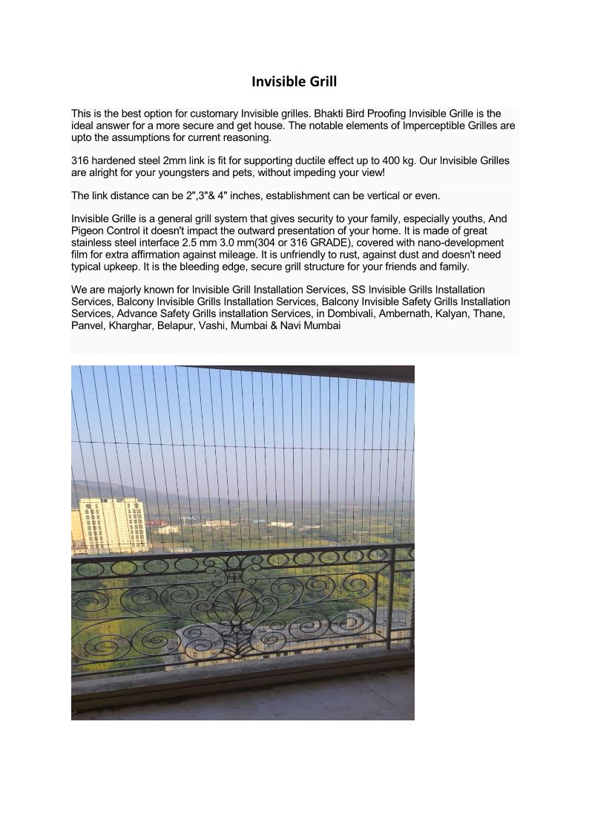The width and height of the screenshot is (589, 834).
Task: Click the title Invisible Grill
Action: click(x=294, y=81)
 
